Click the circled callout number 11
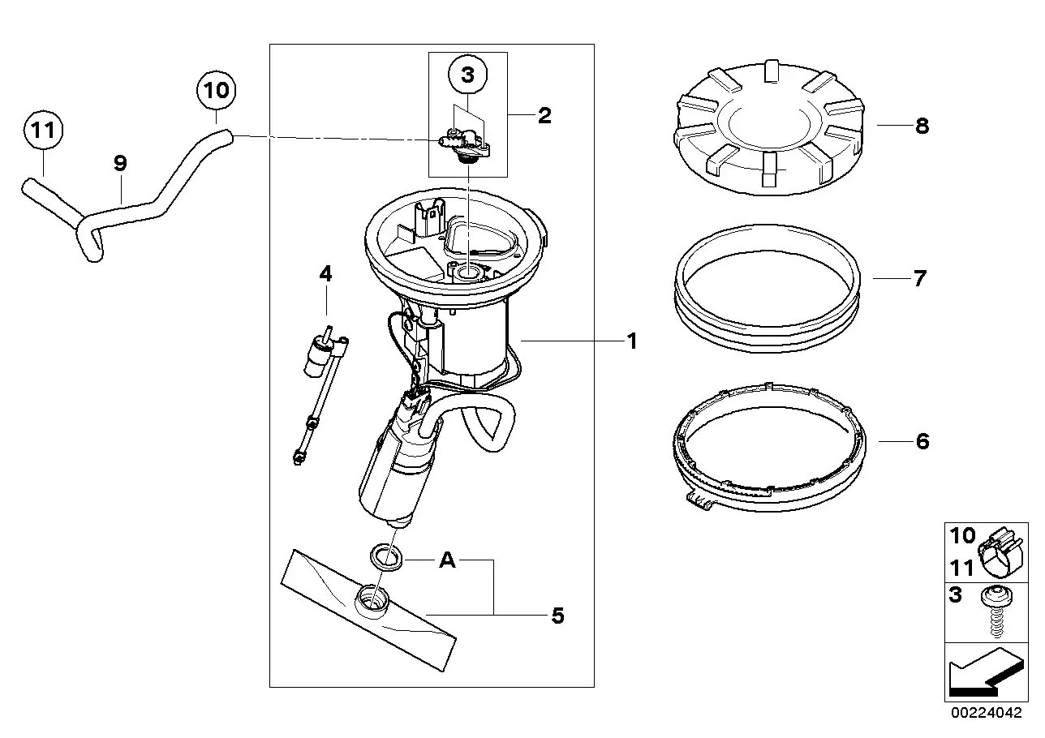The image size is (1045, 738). (x=43, y=130)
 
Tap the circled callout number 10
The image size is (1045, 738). (x=216, y=90)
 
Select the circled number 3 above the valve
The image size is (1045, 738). (x=467, y=75)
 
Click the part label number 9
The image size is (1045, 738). (x=120, y=163)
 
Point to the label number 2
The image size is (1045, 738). (x=544, y=116)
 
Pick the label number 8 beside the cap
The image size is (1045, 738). (x=922, y=126)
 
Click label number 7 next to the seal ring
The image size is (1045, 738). (x=919, y=279)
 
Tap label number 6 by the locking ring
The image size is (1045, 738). (x=922, y=441)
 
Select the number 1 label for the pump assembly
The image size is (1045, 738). (x=632, y=341)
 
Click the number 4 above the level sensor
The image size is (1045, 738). (x=325, y=273)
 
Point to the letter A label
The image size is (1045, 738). (x=447, y=560)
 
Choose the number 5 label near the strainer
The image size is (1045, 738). (x=557, y=616)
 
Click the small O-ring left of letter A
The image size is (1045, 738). (x=386, y=557)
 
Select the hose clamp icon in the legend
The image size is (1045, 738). (x=1002, y=553)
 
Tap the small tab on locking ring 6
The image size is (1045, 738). (x=699, y=501)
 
